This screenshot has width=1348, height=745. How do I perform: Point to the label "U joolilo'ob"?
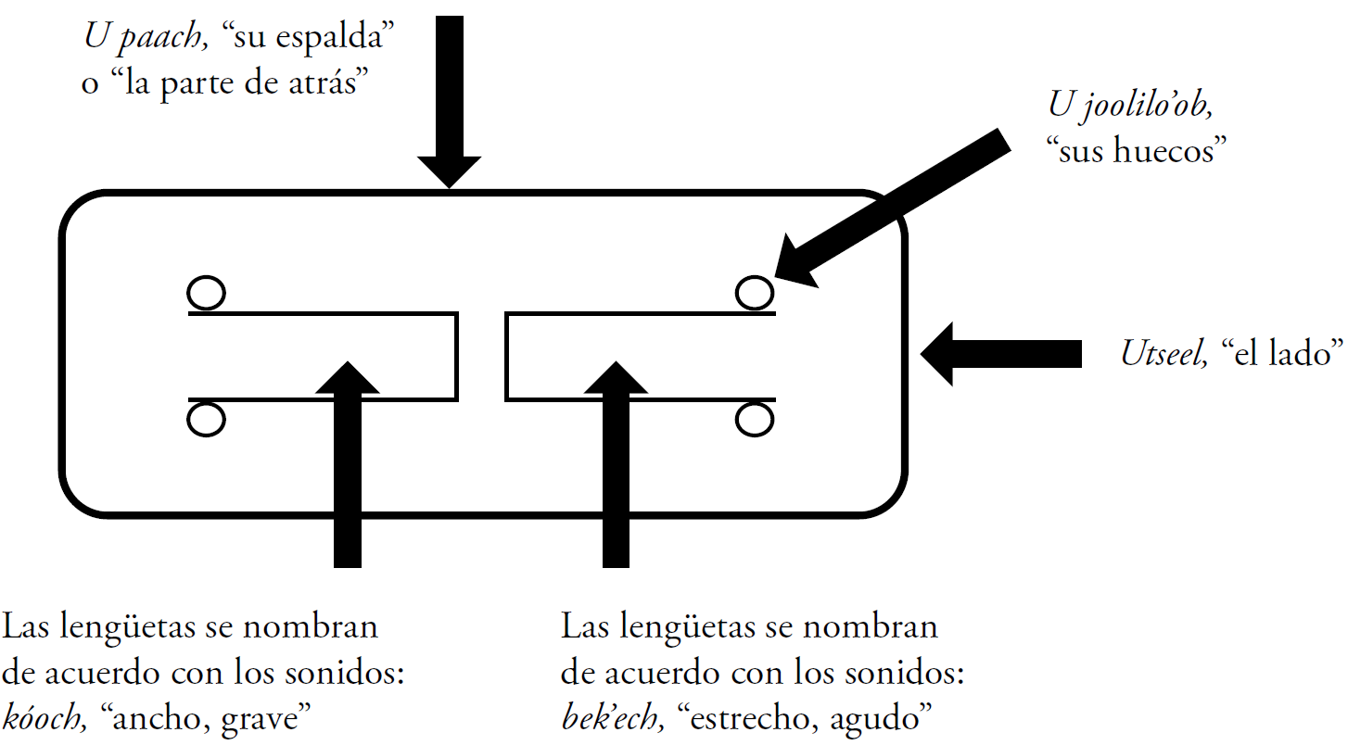1130,104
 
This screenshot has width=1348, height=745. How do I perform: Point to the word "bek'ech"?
612,717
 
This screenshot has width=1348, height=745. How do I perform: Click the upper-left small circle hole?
206,294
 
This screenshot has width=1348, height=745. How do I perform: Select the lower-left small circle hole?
206,420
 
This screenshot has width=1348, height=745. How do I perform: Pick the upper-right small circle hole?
755,294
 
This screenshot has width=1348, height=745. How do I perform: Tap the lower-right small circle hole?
755,420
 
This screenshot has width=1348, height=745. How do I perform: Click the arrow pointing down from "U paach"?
449,102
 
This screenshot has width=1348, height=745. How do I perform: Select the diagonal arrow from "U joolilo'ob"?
890,208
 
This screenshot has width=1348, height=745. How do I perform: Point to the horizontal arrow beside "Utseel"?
1001,353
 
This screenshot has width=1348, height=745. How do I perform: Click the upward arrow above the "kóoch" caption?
347,463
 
